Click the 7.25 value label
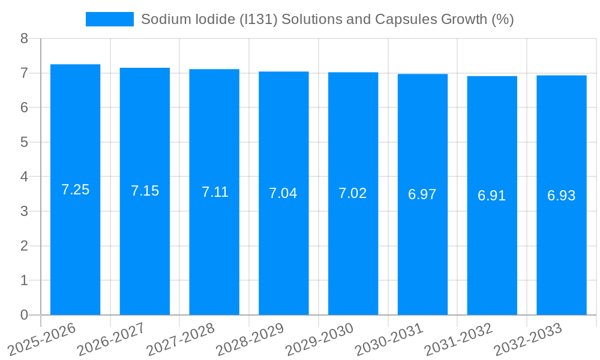click(x=75, y=190)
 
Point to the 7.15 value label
click(x=145, y=191)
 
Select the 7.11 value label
click(x=215, y=193)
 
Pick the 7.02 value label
click(x=353, y=194)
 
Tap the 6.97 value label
click(x=422, y=195)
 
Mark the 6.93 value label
click(x=561, y=196)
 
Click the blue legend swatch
click(x=110, y=19)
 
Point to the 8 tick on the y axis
click(x=24, y=39)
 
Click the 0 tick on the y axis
click(x=24, y=315)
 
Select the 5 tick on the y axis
click(x=24, y=143)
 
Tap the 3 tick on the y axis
click(x=24, y=212)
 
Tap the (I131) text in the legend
click(x=258, y=19)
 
